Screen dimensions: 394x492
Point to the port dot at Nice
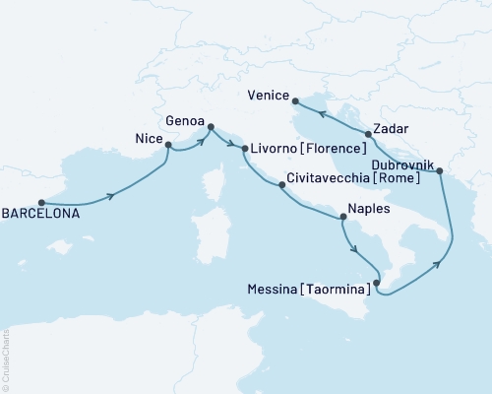(168, 146)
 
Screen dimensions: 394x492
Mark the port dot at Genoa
(209, 125)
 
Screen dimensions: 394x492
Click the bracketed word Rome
(396, 180)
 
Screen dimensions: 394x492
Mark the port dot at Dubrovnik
(440, 171)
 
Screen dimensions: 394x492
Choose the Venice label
(270, 97)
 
